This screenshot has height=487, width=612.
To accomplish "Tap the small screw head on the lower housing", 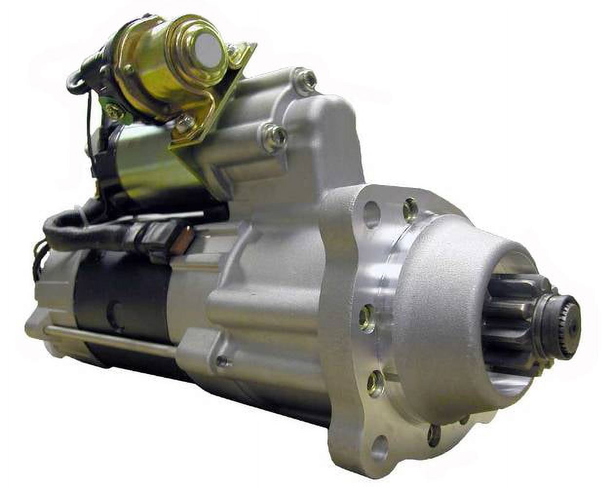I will tap(223, 361).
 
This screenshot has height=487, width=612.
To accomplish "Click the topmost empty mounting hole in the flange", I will tap(371, 213).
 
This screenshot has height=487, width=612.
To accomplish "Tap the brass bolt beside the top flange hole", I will tap(410, 208).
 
